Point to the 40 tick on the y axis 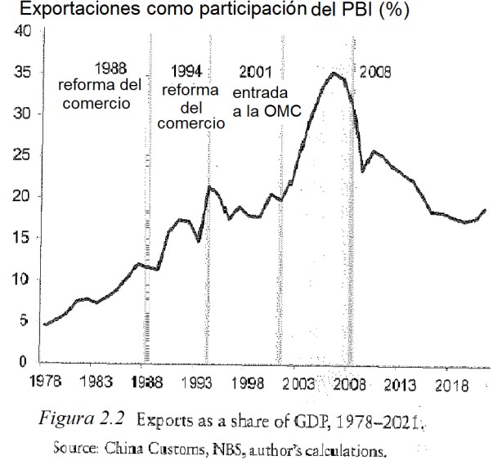[x=22, y=32]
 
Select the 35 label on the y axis [x=22, y=73]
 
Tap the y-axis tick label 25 [x=22, y=155]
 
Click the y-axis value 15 [x=22, y=238]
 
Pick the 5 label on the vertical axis [x=25, y=320]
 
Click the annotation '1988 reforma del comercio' [x=99, y=85]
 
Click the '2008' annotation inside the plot [x=375, y=72]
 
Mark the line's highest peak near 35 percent [x=333, y=74]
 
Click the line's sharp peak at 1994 [x=209, y=187]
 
